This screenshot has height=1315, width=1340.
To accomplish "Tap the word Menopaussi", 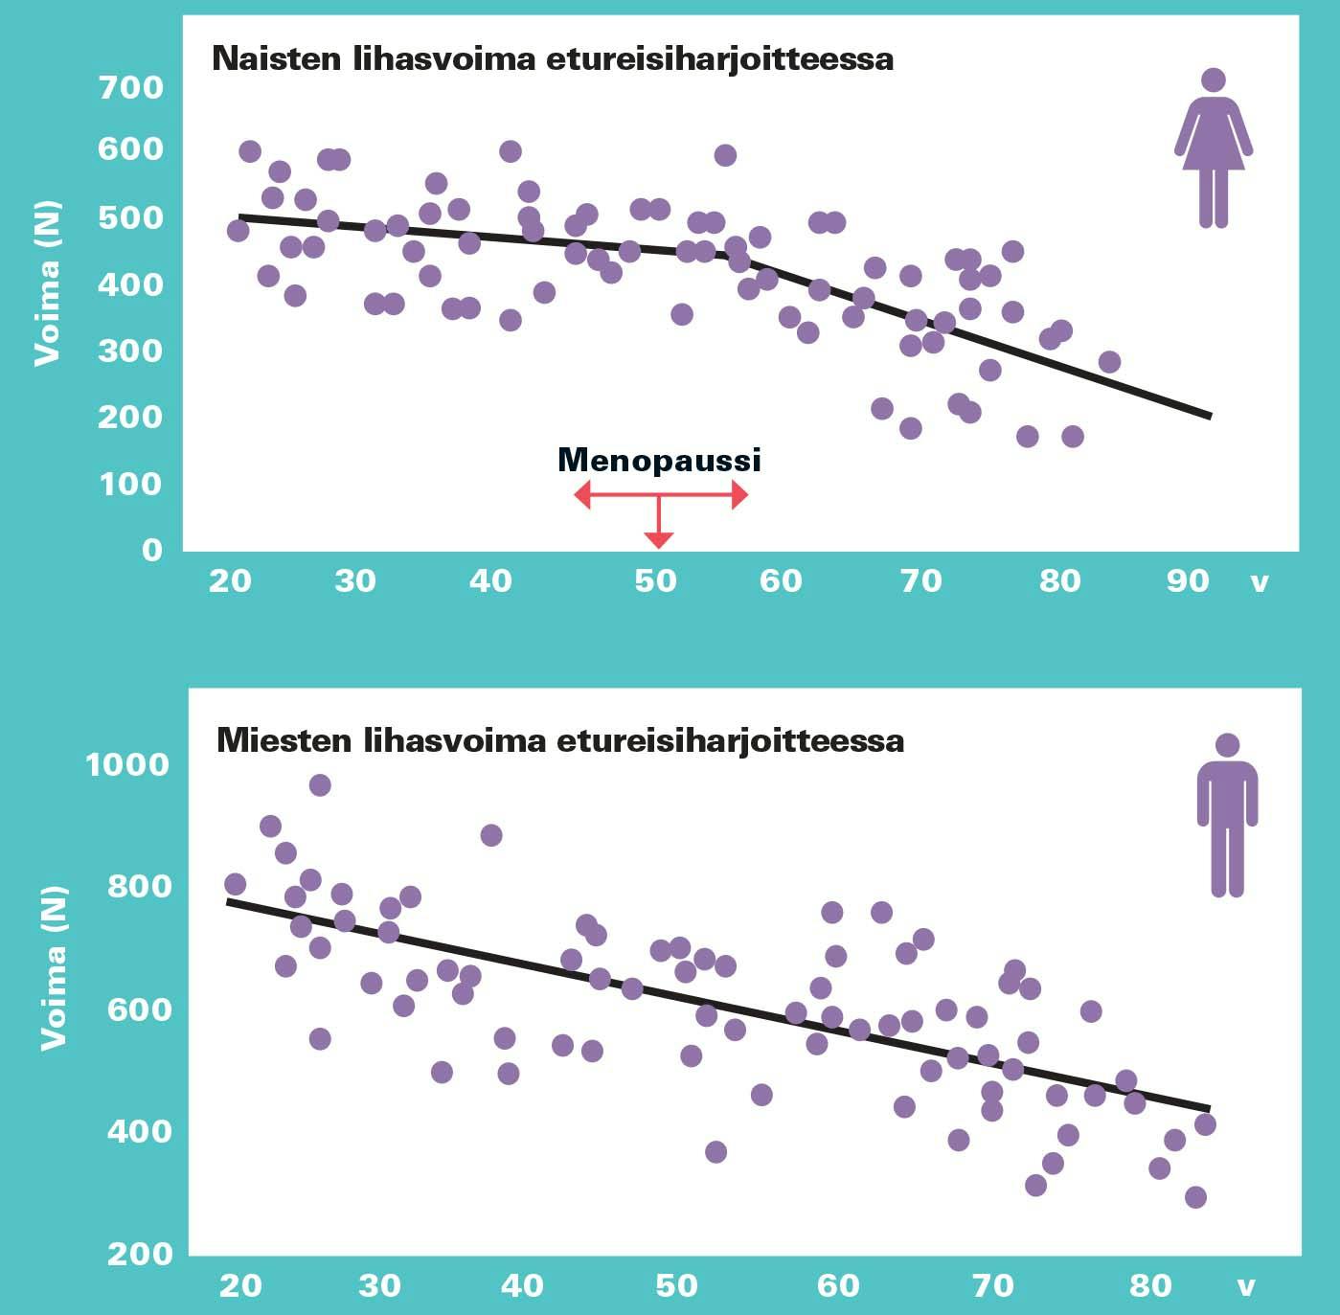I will (x=659, y=460).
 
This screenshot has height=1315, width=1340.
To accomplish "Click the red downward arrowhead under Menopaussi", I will (x=658, y=540).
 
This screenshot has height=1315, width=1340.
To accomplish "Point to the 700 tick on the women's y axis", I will (x=131, y=87).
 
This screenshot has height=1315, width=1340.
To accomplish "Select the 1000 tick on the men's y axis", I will (x=127, y=764).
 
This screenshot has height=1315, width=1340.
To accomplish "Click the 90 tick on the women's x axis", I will (x=1188, y=580).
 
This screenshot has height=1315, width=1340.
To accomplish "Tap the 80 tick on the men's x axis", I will (x=1150, y=1284).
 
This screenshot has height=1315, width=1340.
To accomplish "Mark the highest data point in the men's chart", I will (x=320, y=785).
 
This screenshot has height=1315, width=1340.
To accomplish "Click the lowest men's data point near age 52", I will (x=715, y=1151).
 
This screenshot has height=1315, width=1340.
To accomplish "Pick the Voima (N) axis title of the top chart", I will (x=47, y=283).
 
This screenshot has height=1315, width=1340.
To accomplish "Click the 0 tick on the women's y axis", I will (x=152, y=550).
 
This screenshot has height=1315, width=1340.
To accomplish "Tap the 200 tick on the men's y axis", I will (x=140, y=1253).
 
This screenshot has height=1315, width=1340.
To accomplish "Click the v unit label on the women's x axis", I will (x=1260, y=581).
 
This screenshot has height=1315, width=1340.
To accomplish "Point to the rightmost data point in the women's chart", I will (x=1109, y=362).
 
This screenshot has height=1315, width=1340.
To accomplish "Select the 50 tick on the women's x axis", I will (x=655, y=580).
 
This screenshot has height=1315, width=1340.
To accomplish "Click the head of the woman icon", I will (x=1214, y=80).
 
